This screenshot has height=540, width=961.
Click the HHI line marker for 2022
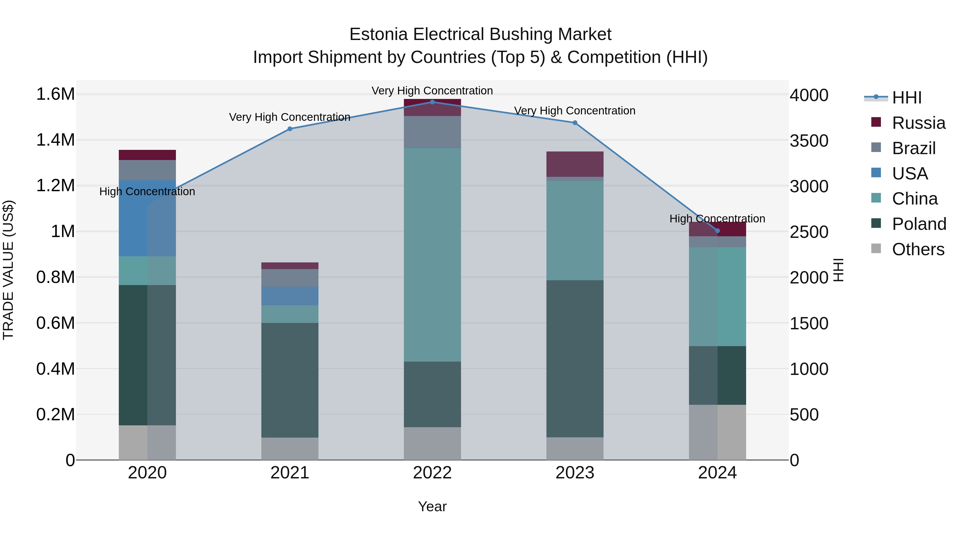[x=432, y=102]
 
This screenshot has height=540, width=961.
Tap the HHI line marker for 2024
[x=717, y=231]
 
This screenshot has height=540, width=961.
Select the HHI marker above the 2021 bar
[x=290, y=129]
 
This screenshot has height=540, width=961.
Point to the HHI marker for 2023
[x=575, y=123]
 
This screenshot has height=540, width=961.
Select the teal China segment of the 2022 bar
[x=432, y=255]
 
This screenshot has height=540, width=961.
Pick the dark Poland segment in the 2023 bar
[x=575, y=358]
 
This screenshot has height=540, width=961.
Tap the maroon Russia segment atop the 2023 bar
[x=575, y=164]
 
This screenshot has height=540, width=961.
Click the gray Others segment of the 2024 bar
[x=717, y=432]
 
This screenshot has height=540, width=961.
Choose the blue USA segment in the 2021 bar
[x=290, y=296]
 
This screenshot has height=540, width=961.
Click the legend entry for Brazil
[x=914, y=148]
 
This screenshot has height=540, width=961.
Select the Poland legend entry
[x=919, y=224]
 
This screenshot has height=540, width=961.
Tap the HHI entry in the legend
[x=907, y=98]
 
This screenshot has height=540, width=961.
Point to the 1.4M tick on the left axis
[x=55, y=140]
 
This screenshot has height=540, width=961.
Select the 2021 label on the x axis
[x=290, y=473]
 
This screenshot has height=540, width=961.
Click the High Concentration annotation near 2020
[x=147, y=191]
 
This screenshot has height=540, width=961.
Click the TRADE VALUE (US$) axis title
[x=8, y=270]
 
